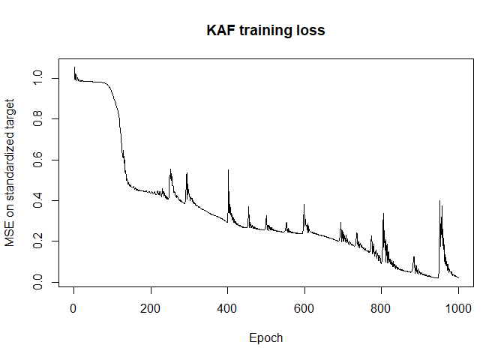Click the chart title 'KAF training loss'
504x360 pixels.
(265, 31)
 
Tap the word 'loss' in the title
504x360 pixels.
(311, 31)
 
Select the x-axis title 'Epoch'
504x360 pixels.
(265, 337)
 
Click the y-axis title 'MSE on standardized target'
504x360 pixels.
(10, 172)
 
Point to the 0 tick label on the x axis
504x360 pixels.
(73, 309)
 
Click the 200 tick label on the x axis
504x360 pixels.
(151, 309)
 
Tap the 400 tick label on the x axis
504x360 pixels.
(227, 309)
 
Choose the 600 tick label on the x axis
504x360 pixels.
(304, 309)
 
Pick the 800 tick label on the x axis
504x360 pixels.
(381, 309)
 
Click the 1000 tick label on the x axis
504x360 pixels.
(458, 309)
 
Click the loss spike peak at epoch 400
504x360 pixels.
(228, 170)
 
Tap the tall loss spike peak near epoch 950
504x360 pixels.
(439, 201)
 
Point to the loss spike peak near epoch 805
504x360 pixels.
(383, 214)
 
